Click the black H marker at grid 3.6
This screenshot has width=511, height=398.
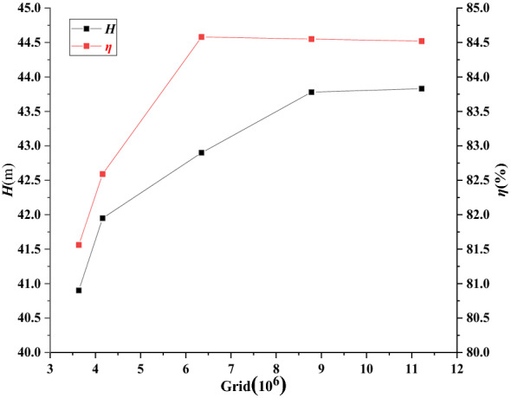[x=79, y=291]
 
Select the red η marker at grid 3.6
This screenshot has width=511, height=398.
[x=79, y=245]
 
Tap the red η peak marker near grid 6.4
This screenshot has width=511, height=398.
[x=202, y=37]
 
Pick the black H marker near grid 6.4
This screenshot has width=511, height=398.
[x=202, y=152]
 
